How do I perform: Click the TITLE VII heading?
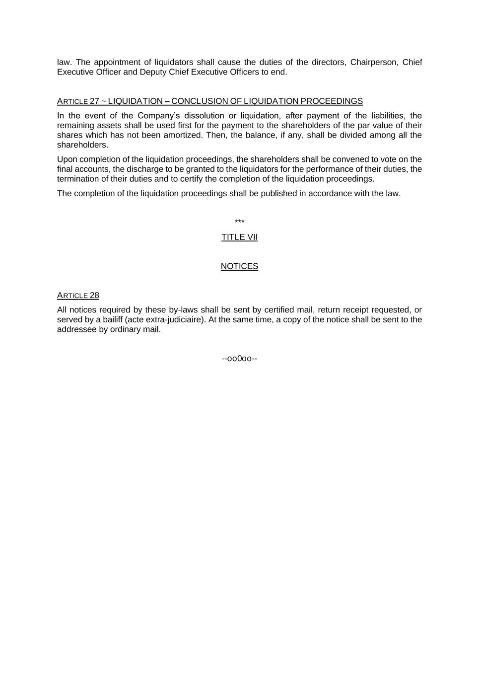[239, 237]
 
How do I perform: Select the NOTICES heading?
[239, 266]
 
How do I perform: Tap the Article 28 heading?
[78, 296]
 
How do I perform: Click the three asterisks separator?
[239, 222]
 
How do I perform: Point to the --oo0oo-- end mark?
[239, 359]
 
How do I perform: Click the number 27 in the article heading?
[94, 101]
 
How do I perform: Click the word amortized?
[182, 135]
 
